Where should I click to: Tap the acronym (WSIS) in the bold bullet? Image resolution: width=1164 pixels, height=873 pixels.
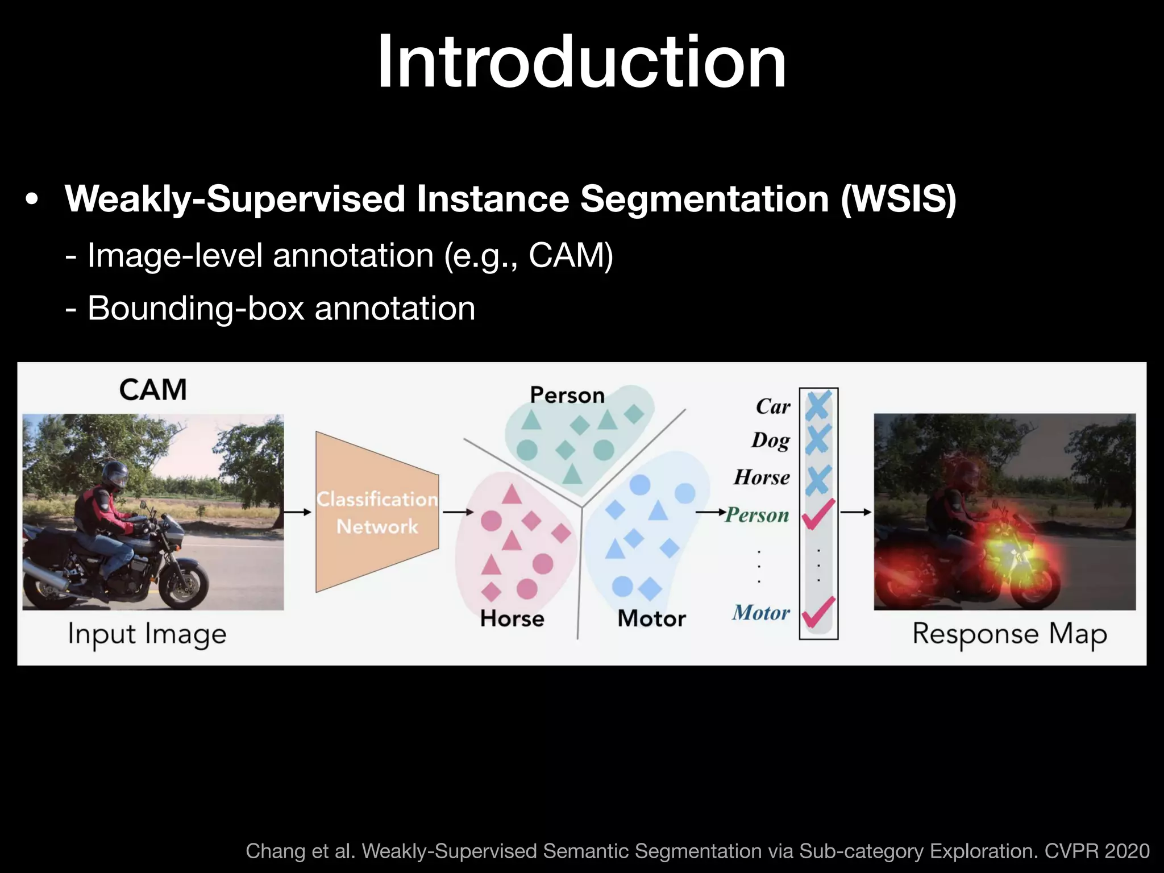tap(898, 199)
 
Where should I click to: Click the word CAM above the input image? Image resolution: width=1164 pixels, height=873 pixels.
tap(153, 390)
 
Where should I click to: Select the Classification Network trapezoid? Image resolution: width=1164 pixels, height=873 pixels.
tap(377, 512)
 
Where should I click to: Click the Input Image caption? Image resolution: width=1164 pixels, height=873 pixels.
tap(147, 634)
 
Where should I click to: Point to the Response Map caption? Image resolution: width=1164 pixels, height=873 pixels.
tap(1009, 634)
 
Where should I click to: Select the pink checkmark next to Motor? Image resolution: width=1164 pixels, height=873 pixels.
tap(818, 612)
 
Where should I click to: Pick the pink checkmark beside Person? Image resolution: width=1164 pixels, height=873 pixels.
tap(818, 514)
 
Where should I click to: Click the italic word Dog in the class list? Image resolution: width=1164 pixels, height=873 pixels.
tap(771, 440)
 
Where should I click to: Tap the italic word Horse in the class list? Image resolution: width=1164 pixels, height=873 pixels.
tap(762, 477)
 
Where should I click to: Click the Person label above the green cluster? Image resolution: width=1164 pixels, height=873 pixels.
tap(567, 395)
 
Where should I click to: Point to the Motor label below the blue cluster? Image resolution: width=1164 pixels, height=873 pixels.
tap(652, 618)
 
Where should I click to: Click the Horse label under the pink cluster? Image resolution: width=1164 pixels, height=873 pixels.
tap(512, 618)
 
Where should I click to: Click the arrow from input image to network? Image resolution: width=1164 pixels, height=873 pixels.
tap(298, 512)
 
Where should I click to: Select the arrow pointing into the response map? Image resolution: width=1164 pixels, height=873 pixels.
tap(855, 512)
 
